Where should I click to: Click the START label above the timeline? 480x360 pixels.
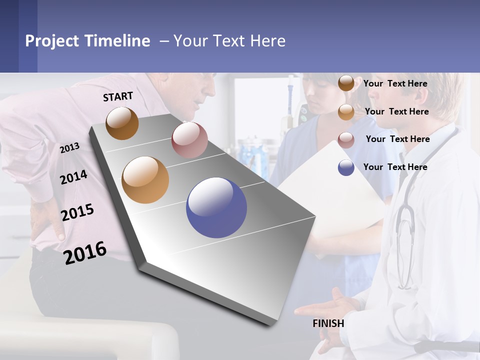[118, 96]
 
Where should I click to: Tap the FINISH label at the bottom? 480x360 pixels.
[328, 323]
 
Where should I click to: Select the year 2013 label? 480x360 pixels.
[69, 147]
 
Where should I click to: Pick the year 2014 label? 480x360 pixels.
[73, 177]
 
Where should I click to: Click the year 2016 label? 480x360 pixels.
[85, 252]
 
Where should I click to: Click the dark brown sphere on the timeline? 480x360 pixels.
[122, 123]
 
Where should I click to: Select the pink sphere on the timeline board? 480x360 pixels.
[189, 140]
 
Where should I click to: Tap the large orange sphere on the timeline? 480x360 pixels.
[145, 180]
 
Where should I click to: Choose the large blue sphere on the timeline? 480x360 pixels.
[216, 207]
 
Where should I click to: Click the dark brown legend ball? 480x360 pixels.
[346, 83]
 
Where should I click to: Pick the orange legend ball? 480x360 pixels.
[346, 112]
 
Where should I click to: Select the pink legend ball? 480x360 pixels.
[346, 140]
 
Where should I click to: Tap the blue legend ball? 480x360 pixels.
[346, 167]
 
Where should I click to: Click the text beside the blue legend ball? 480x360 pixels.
[395, 167]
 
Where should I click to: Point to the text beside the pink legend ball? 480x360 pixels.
[397, 139]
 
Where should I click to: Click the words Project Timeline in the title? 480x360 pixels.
[87, 41]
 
